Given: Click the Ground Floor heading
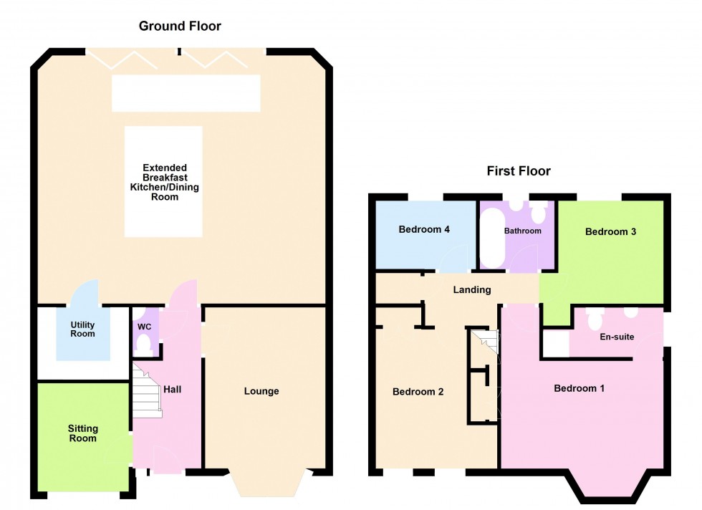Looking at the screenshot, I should (180, 27).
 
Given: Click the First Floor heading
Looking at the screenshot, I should (519, 171).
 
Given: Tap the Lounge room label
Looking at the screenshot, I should (261, 391).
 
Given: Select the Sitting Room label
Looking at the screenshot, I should (82, 433).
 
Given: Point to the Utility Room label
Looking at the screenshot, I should (82, 329).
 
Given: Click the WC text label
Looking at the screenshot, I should (145, 326).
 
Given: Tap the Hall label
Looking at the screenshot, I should (171, 389).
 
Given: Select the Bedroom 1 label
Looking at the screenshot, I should (580, 388).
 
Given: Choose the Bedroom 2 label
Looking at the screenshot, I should (418, 392).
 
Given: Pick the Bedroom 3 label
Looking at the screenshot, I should (611, 231).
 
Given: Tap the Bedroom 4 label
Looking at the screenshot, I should (424, 230).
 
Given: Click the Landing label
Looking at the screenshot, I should (472, 290).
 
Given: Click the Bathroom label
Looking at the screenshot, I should (522, 231).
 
